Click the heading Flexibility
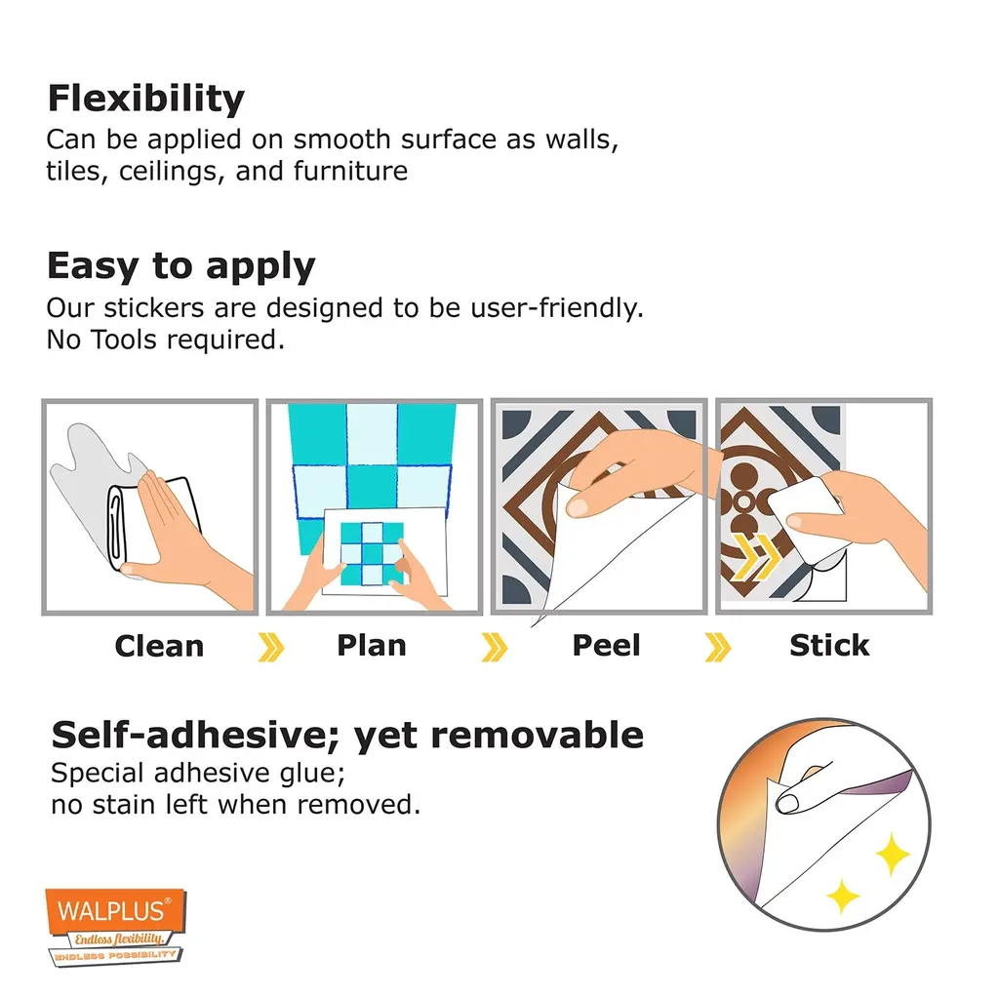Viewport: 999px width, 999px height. click(146, 100)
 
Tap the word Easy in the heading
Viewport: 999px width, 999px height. click(94, 265)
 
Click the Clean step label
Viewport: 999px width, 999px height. click(159, 646)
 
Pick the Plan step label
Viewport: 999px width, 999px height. click(372, 646)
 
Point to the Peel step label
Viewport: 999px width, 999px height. click(606, 646)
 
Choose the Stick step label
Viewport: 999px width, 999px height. click(829, 646)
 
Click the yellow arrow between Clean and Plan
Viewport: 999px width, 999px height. click(271, 648)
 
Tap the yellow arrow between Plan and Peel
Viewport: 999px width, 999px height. click(495, 648)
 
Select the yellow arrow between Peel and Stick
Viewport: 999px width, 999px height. click(718, 648)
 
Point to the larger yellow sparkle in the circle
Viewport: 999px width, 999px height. click(893, 854)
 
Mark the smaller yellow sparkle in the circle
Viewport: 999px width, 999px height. click(843, 896)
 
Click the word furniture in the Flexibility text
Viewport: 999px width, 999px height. click(350, 171)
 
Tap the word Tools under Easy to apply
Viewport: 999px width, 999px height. click(124, 340)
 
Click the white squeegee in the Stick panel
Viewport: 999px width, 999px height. click(805, 518)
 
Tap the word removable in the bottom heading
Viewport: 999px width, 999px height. click(538, 736)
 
